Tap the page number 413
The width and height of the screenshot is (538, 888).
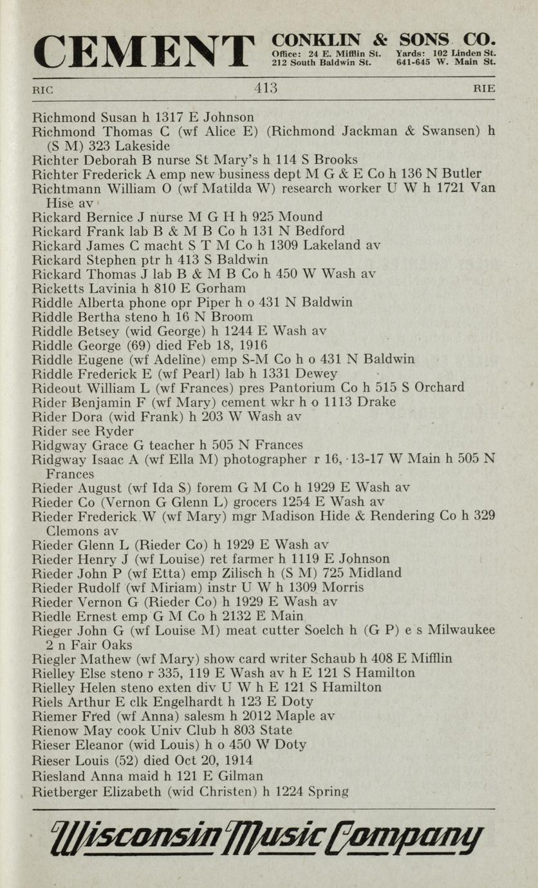click(x=266, y=89)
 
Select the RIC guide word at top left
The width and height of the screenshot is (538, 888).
click(x=43, y=90)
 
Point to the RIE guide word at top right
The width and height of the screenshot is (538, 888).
click(x=485, y=89)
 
